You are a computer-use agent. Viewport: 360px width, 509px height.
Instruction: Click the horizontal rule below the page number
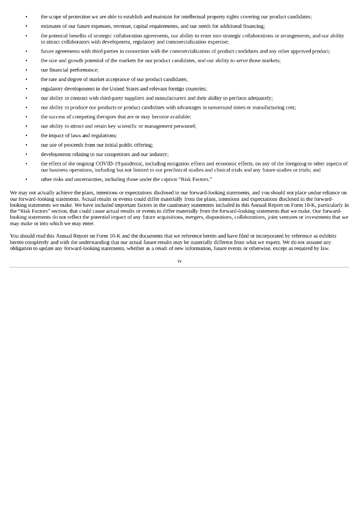(x=180, y=267)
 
